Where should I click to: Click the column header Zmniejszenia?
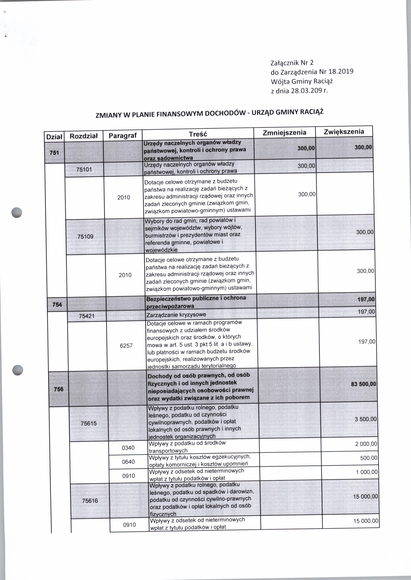284,133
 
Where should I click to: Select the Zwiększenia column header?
344,132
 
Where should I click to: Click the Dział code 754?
57,304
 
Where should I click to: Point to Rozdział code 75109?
85,236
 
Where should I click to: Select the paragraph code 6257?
126,346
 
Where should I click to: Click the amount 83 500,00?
363,384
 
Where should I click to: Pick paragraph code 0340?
128,448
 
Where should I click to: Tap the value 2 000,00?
366,444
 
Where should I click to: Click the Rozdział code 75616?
90,501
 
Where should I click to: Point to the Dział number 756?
59,389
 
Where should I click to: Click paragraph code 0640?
128,462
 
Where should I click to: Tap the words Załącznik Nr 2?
292,63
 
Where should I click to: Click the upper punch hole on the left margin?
17,212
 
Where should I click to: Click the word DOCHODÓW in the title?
225,113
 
